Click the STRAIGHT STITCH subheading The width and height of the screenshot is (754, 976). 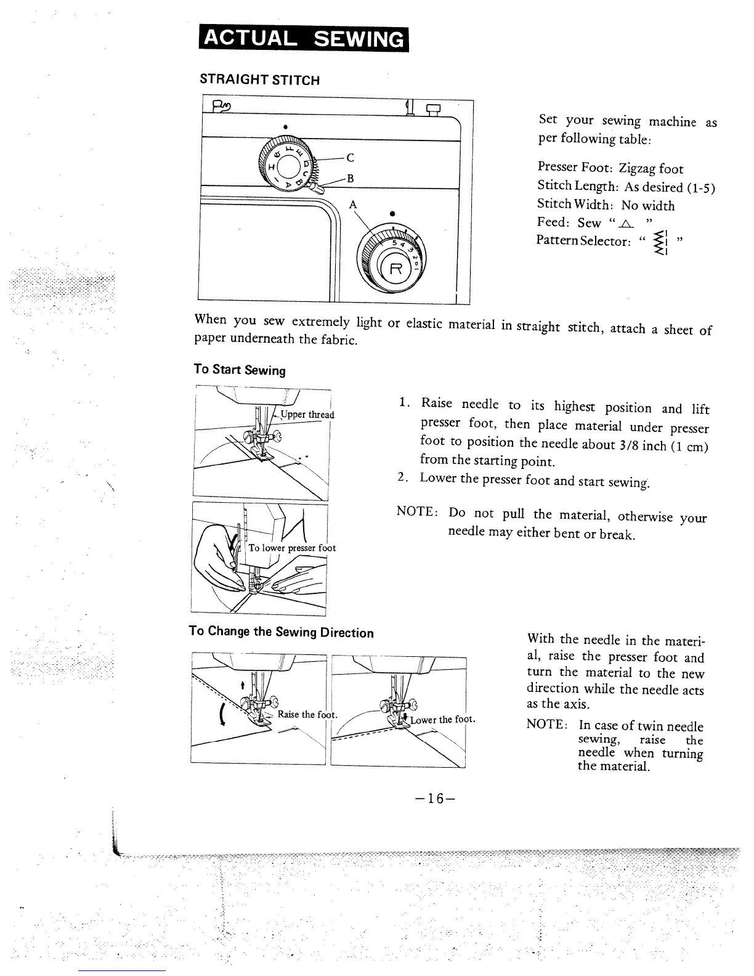(x=259, y=80)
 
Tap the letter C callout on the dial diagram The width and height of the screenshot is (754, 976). (x=350, y=158)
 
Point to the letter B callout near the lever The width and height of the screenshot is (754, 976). (x=350, y=179)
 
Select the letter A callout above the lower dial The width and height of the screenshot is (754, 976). (x=354, y=205)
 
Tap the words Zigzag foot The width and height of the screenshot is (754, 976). (x=651, y=169)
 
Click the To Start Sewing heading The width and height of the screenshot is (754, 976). (x=240, y=370)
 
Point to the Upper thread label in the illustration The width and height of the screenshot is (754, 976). (x=307, y=415)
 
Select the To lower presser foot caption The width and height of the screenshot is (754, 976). (x=292, y=548)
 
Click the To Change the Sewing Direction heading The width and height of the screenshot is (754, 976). (x=281, y=632)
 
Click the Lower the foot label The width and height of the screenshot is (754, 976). (x=443, y=720)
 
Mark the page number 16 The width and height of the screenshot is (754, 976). (x=431, y=799)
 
